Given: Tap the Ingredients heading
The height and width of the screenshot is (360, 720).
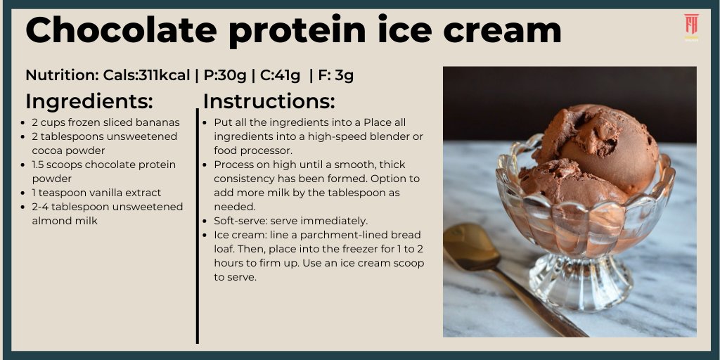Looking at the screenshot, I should click(x=89, y=101).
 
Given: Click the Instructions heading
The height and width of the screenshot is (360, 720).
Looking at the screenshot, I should click(x=269, y=101).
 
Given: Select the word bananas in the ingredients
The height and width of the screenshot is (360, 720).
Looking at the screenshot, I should click(x=157, y=122).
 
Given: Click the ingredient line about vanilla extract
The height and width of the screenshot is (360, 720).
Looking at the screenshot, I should click(x=96, y=193).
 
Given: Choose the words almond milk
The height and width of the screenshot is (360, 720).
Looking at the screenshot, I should click(x=64, y=221).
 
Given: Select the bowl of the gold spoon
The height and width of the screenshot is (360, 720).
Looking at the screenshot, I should click(x=470, y=247).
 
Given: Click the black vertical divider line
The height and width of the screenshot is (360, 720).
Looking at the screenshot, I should click(x=198, y=225).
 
